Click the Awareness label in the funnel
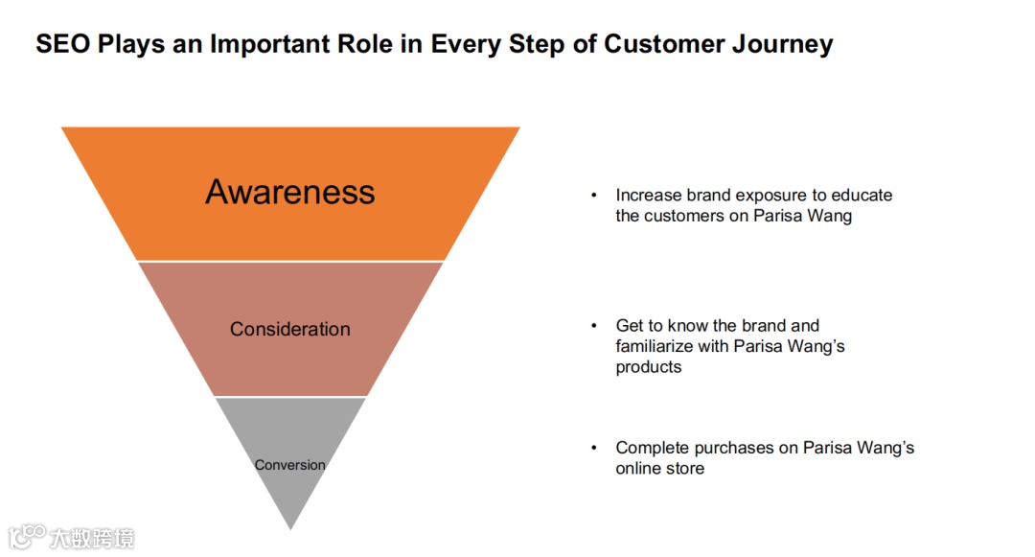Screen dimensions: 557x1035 coord(289,192)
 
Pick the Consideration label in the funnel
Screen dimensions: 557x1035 coord(289,329)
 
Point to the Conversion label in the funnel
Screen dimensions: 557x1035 coord(289,465)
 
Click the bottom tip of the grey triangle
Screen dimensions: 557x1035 coord(290,527)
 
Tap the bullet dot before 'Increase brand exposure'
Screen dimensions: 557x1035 coord(594,196)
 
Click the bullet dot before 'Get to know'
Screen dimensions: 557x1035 coord(594,326)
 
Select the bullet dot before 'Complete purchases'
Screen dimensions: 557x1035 coord(594,448)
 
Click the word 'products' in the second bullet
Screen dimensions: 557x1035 coord(649,367)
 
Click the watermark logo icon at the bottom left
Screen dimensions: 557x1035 coord(28,536)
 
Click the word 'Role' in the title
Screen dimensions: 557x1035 coord(370,44)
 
